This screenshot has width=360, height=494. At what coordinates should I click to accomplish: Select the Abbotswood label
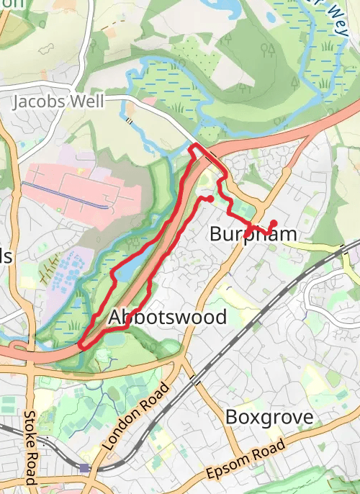[167, 317]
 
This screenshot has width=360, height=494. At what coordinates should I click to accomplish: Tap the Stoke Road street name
[30, 447]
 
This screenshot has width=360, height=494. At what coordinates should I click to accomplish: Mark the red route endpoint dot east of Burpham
[274, 223]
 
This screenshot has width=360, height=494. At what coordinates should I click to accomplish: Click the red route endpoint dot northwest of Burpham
[208, 198]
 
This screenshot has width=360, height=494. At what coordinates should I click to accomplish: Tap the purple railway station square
[84, 468]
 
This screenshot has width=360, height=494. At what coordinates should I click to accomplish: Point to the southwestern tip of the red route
[81, 344]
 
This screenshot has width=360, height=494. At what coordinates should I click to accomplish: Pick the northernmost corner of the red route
[193, 147]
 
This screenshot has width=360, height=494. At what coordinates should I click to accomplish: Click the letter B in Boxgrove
[232, 417]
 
